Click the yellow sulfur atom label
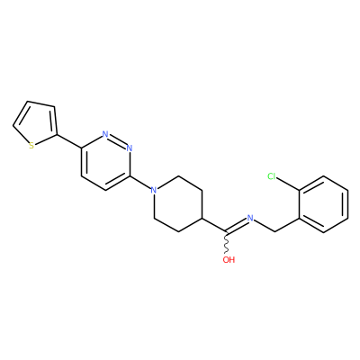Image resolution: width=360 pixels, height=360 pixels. pos(31,146)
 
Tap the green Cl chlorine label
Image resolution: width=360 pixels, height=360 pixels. pos(272,176)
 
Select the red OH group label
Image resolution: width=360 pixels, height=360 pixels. pos(229,259)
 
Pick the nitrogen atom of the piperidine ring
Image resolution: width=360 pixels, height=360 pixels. pos(154,190)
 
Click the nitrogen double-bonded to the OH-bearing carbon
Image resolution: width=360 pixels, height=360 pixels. pos(250,218)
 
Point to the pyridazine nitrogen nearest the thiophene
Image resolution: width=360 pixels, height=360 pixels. pos(105,134)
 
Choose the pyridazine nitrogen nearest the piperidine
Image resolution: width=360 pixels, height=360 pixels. pos(130,148)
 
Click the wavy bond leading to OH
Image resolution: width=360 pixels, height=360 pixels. pos(227,243)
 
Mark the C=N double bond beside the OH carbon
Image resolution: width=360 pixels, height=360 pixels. pos(237,226)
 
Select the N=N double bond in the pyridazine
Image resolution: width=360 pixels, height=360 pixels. pos(117,141)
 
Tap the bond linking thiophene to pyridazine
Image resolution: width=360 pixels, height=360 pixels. pos(68,141)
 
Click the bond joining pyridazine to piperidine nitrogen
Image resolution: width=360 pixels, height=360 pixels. pos(140,183)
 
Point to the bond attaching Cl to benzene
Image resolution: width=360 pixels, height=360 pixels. pos(288,184)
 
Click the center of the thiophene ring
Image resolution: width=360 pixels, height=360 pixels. pos(36,124)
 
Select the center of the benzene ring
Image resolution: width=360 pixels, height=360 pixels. pos(324,204)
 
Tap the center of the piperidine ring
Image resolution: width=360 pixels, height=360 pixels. pos(178,204)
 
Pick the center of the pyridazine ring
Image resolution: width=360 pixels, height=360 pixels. pos(105,162)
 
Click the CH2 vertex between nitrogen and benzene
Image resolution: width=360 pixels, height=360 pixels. pos(274,232)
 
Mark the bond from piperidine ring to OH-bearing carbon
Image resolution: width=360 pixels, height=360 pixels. pos(215,225)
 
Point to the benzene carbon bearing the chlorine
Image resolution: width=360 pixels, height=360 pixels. pos(300,190)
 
